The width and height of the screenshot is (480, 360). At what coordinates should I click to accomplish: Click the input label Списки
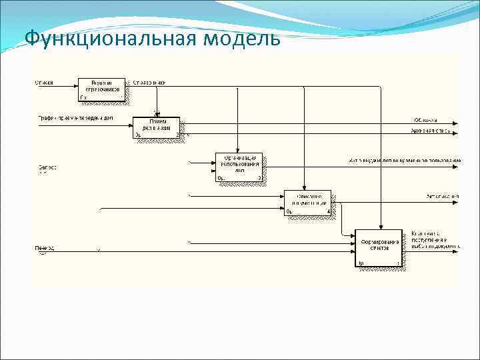(x=44, y=83)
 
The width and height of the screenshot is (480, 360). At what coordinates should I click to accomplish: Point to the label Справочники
(x=149, y=83)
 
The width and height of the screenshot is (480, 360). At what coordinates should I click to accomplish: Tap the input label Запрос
(x=47, y=167)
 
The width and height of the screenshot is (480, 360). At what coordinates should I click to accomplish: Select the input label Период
(x=45, y=248)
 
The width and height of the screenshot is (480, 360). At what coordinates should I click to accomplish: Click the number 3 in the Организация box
(x=259, y=178)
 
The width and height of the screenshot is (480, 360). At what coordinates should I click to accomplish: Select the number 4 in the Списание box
(x=328, y=212)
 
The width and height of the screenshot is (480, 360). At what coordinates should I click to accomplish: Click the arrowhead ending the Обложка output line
(x=455, y=123)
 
